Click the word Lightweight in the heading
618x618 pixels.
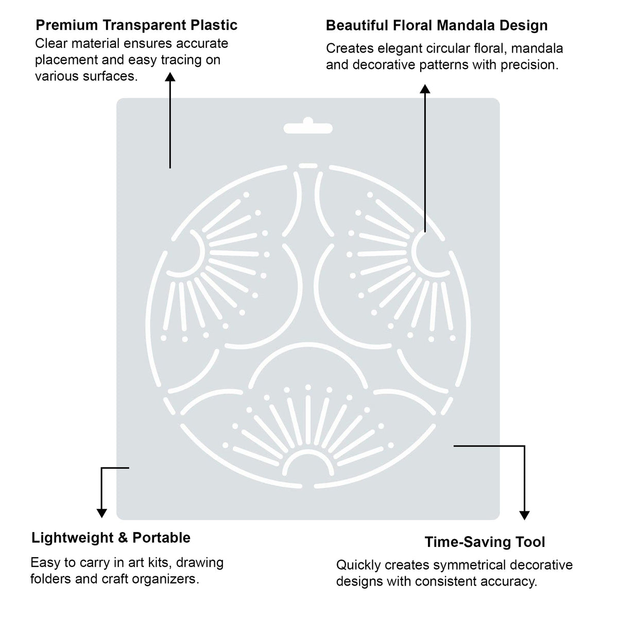pyautogui.click(x=72, y=538)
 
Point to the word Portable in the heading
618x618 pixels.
pyautogui.click(x=161, y=538)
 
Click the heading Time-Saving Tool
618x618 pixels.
pyautogui.click(x=485, y=542)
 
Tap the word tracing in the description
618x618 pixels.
pyautogui.click(x=181, y=60)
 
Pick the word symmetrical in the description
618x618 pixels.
pyautogui.click(x=470, y=565)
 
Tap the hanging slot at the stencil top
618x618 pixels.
pyautogui.click(x=308, y=126)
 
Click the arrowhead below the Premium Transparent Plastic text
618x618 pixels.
pyautogui.click(x=170, y=77)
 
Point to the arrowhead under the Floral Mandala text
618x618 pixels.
pyautogui.click(x=425, y=89)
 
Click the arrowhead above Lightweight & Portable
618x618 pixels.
pyautogui.click(x=101, y=513)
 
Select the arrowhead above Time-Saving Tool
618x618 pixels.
pyautogui.click(x=524, y=516)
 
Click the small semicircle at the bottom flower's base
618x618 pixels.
pyautogui.click(x=308, y=452)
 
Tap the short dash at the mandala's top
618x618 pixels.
pyautogui.click(x=308, y=165)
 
